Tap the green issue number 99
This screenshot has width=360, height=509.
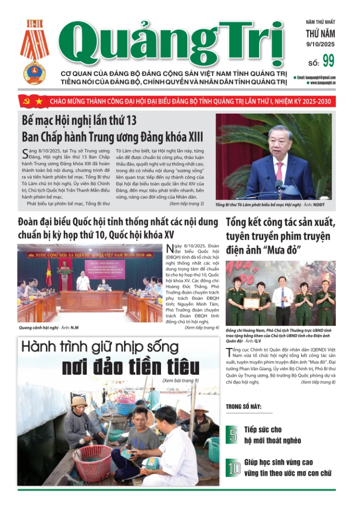328,61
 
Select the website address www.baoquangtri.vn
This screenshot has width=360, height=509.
321,82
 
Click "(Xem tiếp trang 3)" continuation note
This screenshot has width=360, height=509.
186,204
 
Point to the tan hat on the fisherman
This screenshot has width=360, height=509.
79,401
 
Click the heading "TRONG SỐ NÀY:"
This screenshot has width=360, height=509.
243,407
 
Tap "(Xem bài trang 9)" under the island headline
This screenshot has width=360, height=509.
181,381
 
